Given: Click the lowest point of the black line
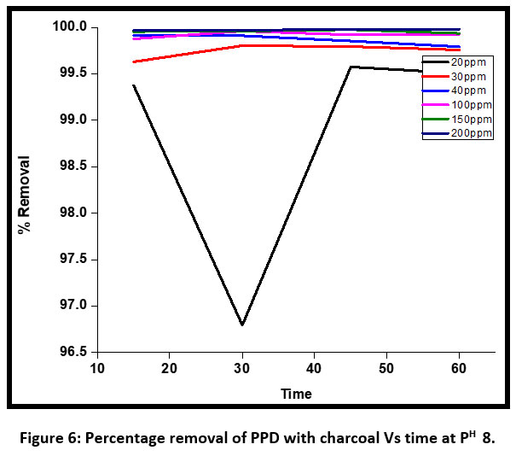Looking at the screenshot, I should tap(243, 324).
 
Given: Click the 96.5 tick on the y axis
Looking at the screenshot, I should tap(74, 352).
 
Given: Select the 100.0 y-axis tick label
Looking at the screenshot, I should tap(72, 27).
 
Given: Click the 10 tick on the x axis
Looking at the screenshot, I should tap(97, 367).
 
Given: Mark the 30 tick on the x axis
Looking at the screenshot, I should tap(243, 367).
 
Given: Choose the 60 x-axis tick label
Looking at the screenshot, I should tap(460, 367).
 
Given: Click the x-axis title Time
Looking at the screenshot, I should tap(297, 394).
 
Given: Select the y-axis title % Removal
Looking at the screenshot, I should tap(25, 196).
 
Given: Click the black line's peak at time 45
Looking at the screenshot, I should tap(351, 67).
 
